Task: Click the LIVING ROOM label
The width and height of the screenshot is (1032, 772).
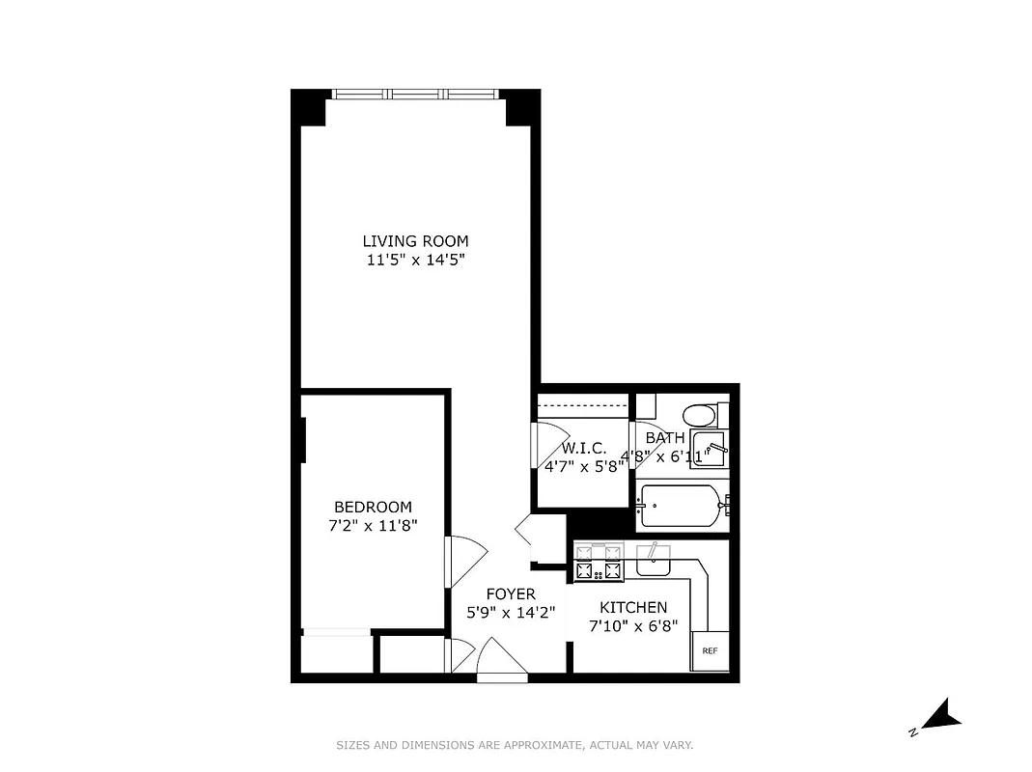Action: [x=415, y=241]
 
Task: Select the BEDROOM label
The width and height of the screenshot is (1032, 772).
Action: [x=373, y=507]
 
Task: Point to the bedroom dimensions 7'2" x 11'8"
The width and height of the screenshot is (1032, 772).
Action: [x=373, y=526]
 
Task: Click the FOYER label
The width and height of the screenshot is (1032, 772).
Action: [x=511, y=593]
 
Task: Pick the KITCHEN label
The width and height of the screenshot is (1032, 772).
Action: [x=633, y=607]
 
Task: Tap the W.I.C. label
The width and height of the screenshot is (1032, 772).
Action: [x=584, y=448]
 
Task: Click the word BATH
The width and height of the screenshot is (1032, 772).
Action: [x=665, y=438]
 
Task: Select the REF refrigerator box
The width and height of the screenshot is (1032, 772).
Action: [x=710, y=651]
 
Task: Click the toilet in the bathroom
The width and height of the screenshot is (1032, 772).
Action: [x=699, y=416]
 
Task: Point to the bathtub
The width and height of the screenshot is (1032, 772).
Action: [x=680, y=506]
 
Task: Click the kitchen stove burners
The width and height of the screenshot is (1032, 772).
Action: [x=599, y=563]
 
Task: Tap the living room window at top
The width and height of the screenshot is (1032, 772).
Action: [x=416, y=94]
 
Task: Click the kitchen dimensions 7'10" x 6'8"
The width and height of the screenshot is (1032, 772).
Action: [x=633, y=625]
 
